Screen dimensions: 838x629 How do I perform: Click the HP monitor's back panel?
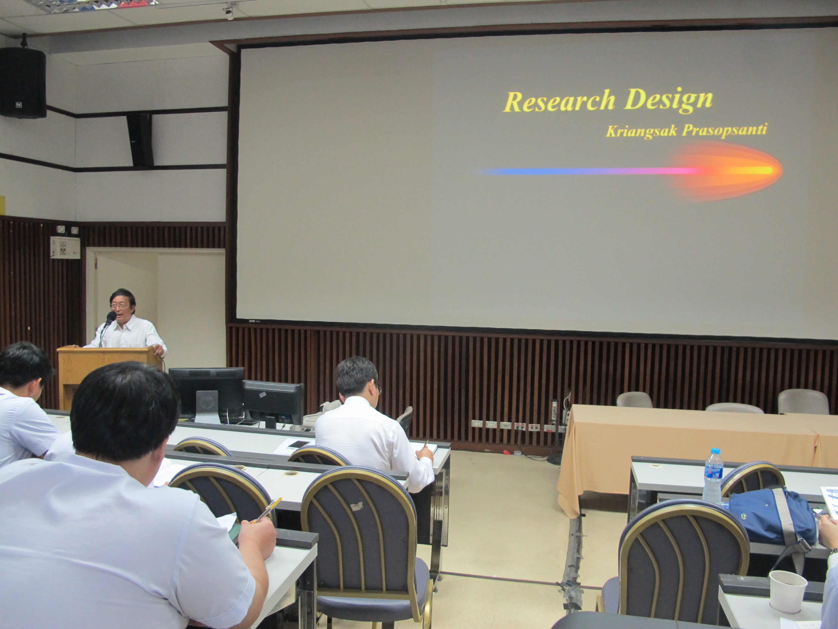(206, 394)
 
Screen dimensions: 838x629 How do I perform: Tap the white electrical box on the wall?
(65, 247)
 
